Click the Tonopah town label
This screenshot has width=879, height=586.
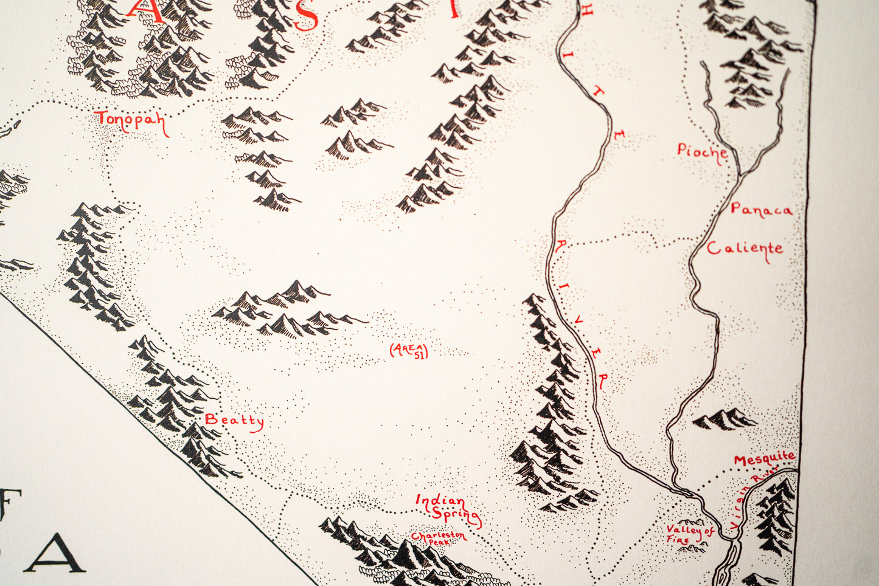point(131,120)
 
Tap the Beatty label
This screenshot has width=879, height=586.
point(234,420)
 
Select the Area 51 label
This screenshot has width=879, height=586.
point(409,350)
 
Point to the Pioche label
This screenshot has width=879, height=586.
point(703,151)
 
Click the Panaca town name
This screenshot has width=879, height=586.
point(762,210)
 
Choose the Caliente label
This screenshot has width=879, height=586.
point(745,249)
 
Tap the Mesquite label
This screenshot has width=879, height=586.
point(764,459)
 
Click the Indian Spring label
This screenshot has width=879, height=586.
point(447,509)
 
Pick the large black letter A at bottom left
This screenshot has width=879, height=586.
point(55,554)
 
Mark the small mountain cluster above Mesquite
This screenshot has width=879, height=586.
point(725,419)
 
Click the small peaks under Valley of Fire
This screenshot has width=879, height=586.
point(691,548)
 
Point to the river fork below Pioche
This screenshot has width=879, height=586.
point(739,173)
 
